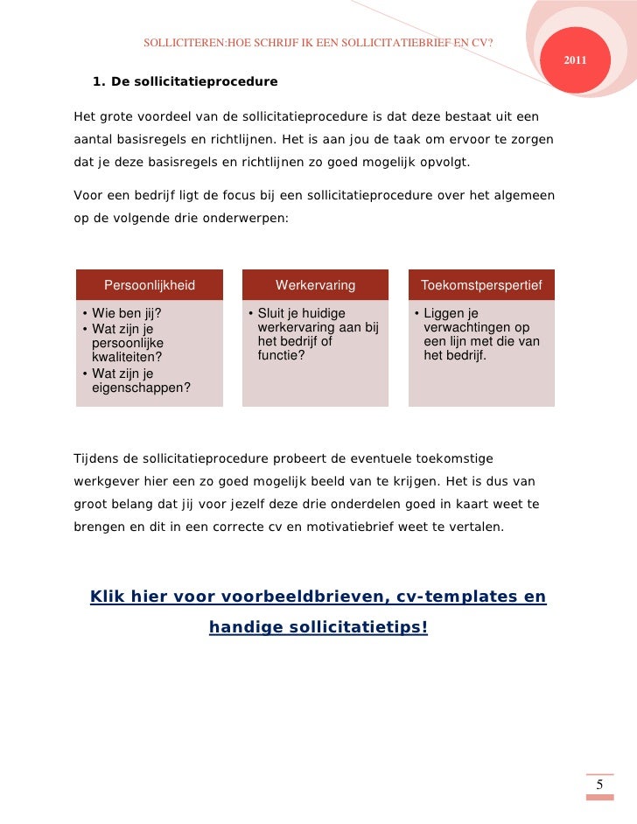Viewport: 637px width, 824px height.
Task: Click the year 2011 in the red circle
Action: click(x=575, y=59)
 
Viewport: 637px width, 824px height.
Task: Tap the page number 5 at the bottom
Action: click(x=599, y=785)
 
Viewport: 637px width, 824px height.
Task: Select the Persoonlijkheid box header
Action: click(x=150, y=285)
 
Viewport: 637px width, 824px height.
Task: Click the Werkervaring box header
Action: click(x=315, y=285)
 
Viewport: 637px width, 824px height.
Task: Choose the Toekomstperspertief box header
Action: click(x=481, y=285)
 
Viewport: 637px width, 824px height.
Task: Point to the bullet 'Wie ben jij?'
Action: click(x=122, y=314)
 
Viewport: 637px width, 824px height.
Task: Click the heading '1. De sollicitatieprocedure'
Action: click(x=184, y=82)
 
